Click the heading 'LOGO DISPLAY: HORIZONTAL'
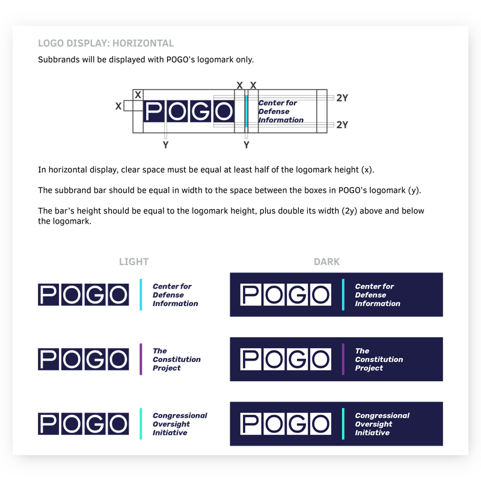point(106,43)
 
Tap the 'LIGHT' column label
point(133,262)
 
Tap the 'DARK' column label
point(326,262)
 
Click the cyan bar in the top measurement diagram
point(246,111)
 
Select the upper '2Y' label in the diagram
point(342,98)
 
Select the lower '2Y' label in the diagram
point(342,125)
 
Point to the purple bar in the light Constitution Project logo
point(141,359)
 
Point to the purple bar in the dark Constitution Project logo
point(343,359)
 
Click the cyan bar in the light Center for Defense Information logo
point(141,295)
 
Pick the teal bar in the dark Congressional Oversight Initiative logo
point(343,424)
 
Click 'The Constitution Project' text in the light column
point(176,360)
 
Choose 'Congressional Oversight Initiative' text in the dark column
point(382,424)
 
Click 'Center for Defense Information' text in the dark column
point(377,295)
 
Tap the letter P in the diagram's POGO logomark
point(155,111)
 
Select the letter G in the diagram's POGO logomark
point(201,111)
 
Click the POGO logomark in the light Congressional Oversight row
point(84,424)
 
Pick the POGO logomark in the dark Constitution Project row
point(286,359)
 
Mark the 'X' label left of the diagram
point(118,106)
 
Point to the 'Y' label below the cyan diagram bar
point(246,145)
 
